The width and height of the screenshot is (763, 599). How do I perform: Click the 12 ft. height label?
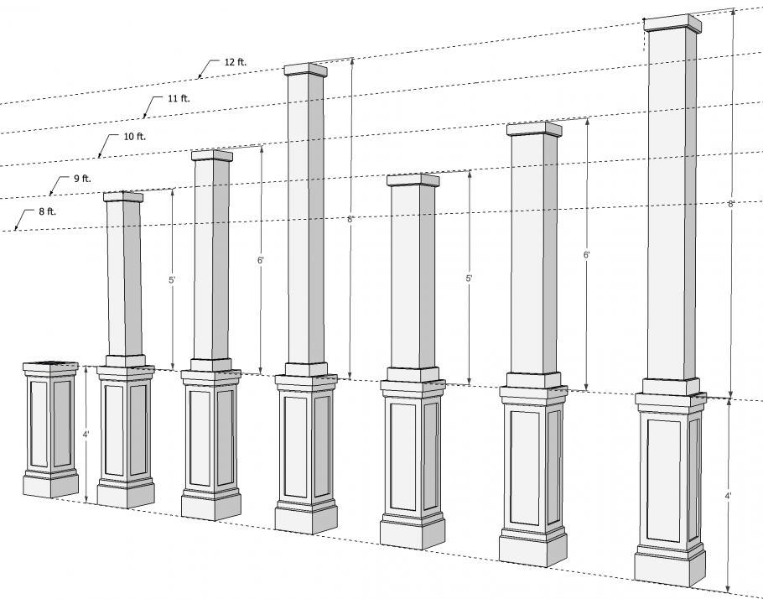[x=236, y=62]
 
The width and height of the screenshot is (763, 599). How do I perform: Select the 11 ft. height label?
[x=179, y=98]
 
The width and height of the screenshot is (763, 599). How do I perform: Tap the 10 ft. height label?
[x=135, y=137]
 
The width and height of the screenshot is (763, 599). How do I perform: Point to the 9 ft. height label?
[x=82, y=178]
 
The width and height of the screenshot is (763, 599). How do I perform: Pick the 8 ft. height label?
[x=47, y=211]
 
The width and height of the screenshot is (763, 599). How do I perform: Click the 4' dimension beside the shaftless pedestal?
[x=86, y=434]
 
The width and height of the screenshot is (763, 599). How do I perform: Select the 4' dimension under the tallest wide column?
[x=728, y=496]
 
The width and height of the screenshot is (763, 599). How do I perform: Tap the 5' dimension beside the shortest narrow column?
[x=172, y=280]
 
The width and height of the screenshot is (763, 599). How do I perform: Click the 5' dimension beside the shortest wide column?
[x=469, y=279]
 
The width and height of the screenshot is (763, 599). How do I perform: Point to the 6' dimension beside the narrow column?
[x=261, y=260]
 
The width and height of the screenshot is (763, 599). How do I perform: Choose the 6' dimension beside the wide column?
[x=587, y=255]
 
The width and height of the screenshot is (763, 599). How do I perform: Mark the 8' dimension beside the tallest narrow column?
[x=350, y=219]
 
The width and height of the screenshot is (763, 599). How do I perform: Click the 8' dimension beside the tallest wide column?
[x=731, y=204]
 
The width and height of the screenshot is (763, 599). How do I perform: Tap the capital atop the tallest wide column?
[x=673, y=23]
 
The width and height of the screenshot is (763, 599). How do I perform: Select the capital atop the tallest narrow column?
[x=305, y=70]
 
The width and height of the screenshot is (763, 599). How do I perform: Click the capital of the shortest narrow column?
[x=123, y=197]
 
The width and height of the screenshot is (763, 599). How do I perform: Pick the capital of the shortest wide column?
[x=413, y=180]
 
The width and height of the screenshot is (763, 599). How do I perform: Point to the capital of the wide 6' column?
[x=534, y=128]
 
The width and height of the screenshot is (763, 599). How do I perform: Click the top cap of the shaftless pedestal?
[x=50, y=367]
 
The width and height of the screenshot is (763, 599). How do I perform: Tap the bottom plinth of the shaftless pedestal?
[x=50, y=486]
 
